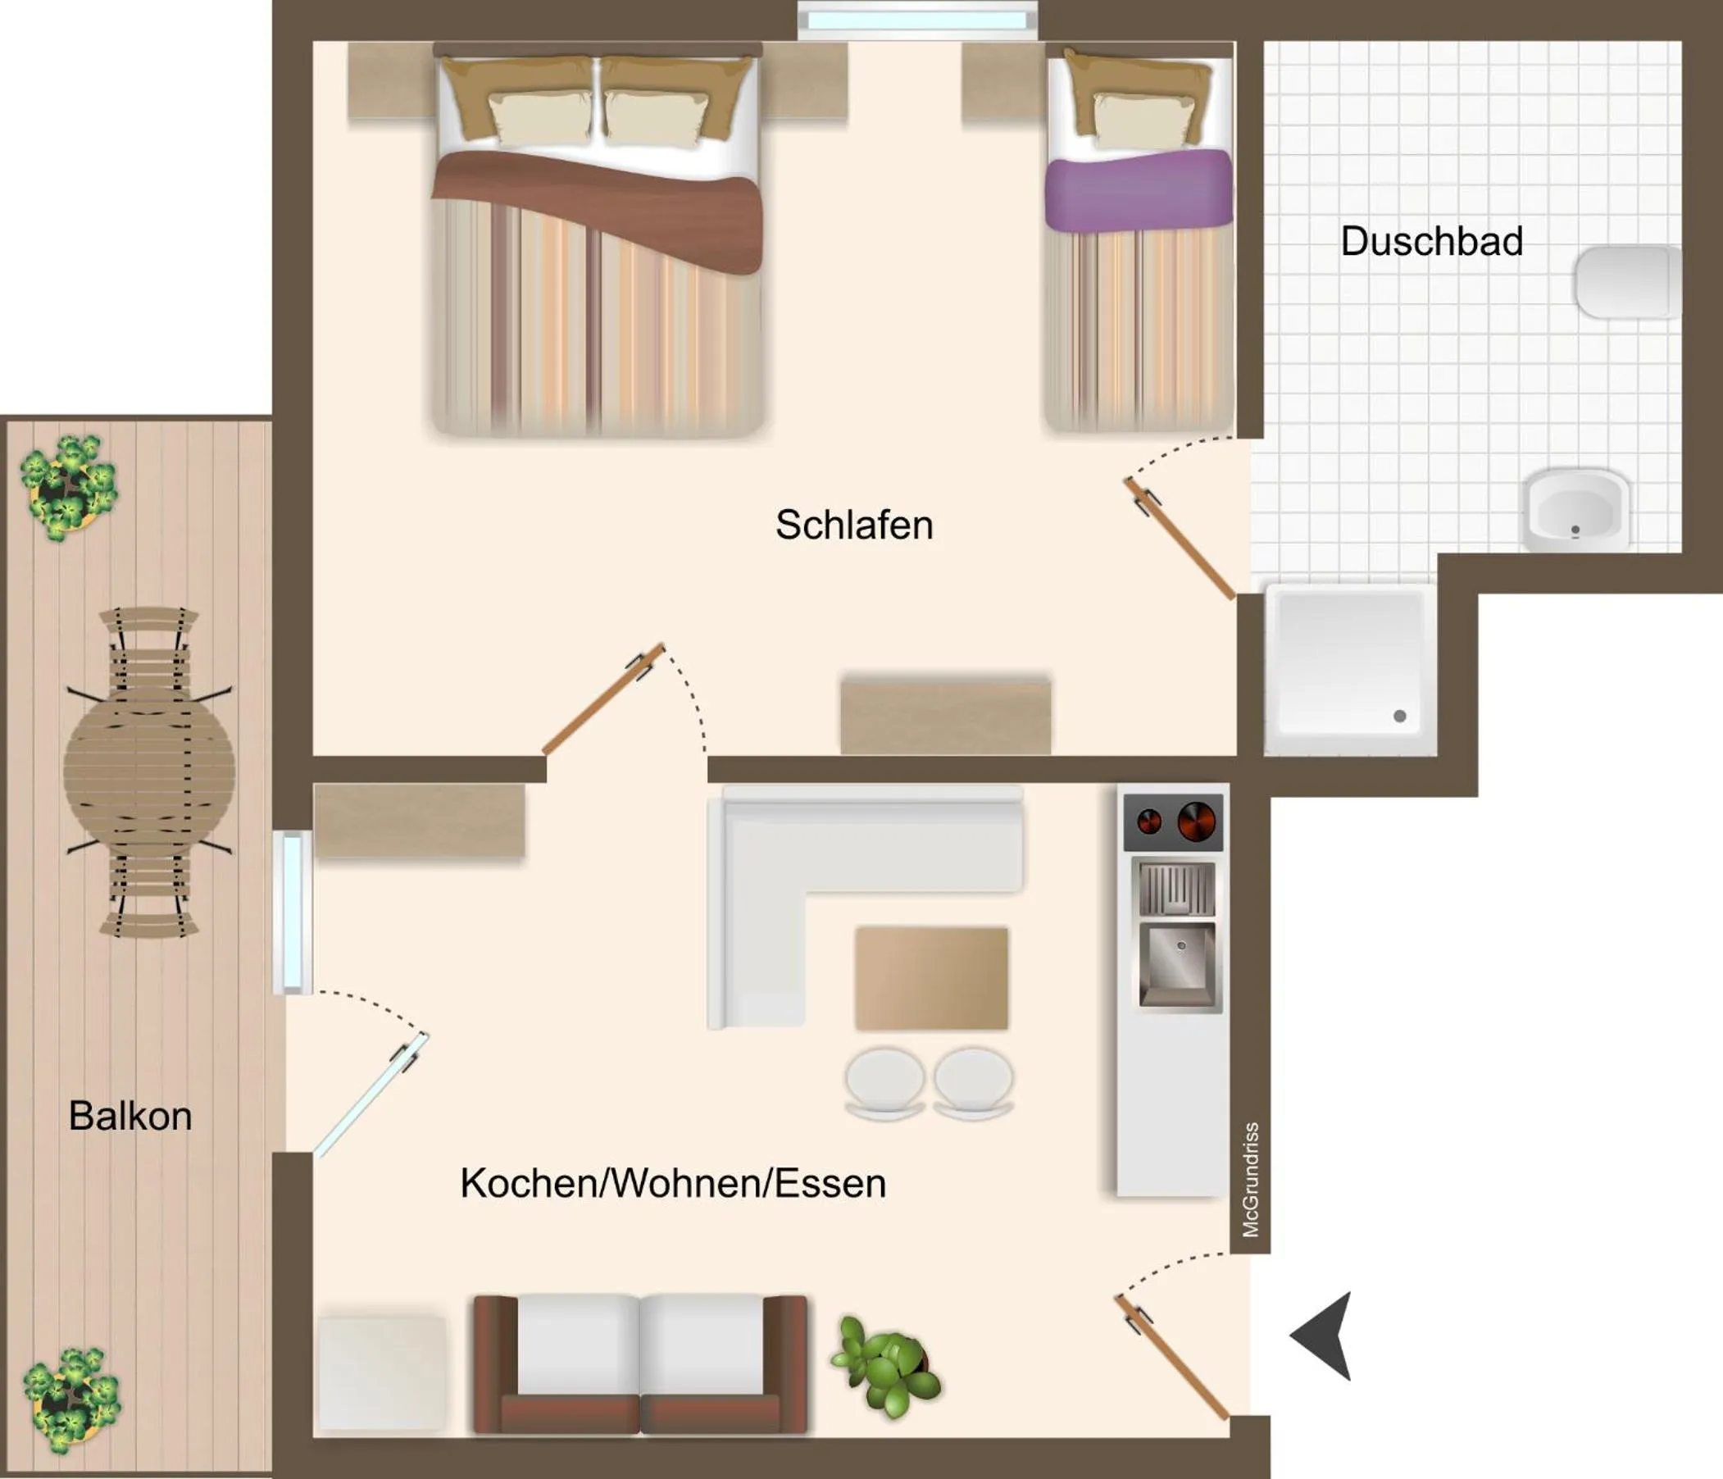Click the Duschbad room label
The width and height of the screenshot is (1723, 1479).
[x=1431, y=241]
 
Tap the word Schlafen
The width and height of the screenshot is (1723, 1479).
[x=854, y=525]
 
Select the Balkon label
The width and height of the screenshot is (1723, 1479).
[x=130, y=1117]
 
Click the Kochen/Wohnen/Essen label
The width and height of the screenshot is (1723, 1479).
[x=673, y=1183]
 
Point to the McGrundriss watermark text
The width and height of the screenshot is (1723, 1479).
[x=1250, y=1179]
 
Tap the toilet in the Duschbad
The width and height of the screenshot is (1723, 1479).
[x=1625, y=281]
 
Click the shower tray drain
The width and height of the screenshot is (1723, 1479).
[x=1399, y=717]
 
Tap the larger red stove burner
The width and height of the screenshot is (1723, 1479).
[x=1197, y=821]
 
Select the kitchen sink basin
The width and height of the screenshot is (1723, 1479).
[x=1176, y=962]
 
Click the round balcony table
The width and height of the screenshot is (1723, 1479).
[x=150, y=771]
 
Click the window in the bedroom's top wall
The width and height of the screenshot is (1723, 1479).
[x=917, y=19]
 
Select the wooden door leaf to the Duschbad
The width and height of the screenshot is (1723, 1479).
[x=1181, y=537]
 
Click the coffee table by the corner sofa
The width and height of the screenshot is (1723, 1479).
[x=931, y=978]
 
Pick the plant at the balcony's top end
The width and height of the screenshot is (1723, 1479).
[x=69, y=486]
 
